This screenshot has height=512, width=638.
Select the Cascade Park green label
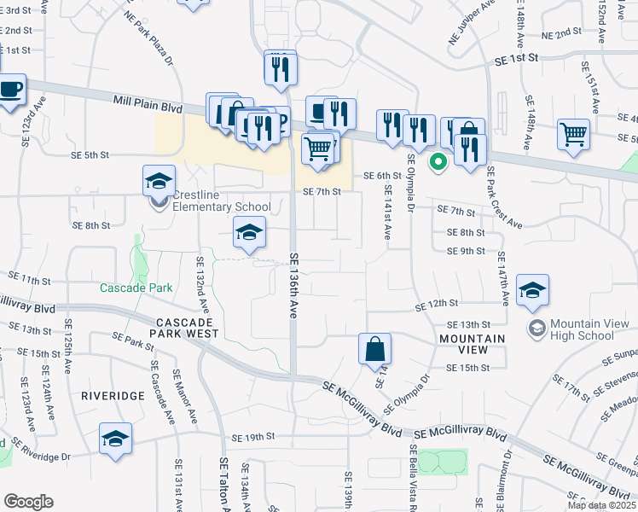click(136, 288)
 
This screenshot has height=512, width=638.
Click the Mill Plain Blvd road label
click(148, 105)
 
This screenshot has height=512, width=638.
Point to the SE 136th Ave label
click(294, 286)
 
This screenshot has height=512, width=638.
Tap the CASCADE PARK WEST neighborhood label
click(188, 328)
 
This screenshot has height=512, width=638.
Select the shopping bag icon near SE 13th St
click(374, 350)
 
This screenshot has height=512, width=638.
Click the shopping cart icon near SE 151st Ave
click(573, 134)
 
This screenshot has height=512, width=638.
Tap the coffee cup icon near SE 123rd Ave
click(10, 90)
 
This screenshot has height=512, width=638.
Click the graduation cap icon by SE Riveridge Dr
click(115, 440)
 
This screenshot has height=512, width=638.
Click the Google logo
click(28, 502)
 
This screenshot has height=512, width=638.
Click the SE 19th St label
click(258, 436)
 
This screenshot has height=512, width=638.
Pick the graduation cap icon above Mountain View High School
click(532, 291)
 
